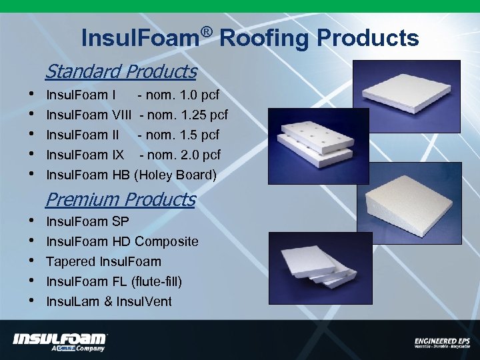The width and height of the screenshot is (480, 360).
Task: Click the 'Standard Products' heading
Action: (121, 71)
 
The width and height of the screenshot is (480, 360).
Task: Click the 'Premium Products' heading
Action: (120, 199)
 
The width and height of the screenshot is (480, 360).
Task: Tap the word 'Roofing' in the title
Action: (263, 38)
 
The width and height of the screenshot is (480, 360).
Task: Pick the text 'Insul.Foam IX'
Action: (85, 155)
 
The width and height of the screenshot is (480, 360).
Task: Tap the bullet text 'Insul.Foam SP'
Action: (87, 221)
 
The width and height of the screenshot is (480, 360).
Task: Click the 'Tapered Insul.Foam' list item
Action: (103, 261)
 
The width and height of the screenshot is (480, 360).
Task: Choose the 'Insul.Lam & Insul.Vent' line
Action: (109, 301)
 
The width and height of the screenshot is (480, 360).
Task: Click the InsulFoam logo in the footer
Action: (60, 341)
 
